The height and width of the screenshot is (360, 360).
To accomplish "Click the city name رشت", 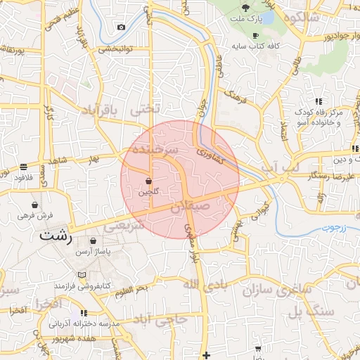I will (x=56, y=235).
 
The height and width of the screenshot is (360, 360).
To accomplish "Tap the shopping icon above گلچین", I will (x=148, y=181).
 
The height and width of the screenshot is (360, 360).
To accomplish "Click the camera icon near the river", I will (x=122, y=27).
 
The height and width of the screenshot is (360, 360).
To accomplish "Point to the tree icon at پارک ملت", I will (x=245, y=7).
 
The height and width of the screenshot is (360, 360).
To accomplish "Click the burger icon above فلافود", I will (x=23, y=167).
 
